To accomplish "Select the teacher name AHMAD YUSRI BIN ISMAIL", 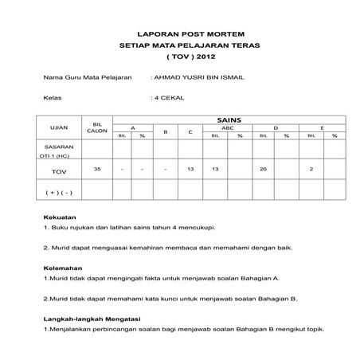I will (x=198, y=80).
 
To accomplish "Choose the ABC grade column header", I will (x=227, y=127).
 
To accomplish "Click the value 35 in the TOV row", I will (x=97, y=170).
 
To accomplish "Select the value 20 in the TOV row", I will (x=264, y=170).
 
